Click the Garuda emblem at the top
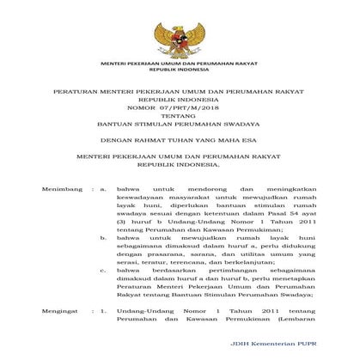pyautogui.click(x=180, y=31)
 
